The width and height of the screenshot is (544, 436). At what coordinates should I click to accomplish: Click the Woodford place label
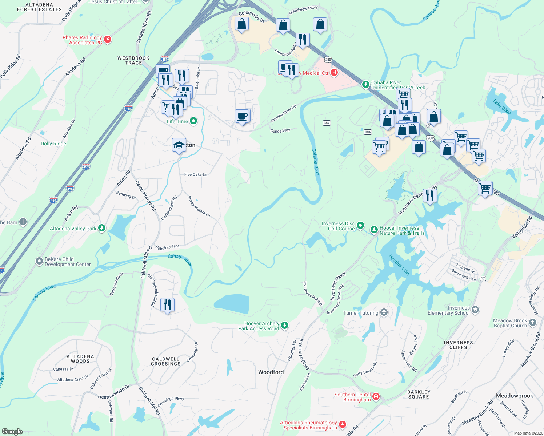click(x=271, y=372)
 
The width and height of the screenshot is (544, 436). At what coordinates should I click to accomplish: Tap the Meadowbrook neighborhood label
click(x=514, y=396)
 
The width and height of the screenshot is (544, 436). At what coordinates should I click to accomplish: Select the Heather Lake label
click(x=399, y=265)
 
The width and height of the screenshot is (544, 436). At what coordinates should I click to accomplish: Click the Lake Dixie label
click(x=502, y=107)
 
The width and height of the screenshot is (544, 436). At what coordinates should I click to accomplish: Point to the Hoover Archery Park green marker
click(x=285, y=325)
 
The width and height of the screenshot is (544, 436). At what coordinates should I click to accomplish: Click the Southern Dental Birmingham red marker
click(x=376, y=397)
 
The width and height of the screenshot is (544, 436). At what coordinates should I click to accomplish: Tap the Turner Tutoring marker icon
click(x=384, y=312)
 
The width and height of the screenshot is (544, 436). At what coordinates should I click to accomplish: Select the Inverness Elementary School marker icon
click(x=475, y=310)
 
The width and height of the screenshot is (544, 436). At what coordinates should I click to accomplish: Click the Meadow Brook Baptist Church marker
click(x=532, y=322)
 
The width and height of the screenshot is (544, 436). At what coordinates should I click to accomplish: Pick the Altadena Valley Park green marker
click(x=102, y=228)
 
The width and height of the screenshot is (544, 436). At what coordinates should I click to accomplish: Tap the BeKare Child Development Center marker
click(x=39, y=261)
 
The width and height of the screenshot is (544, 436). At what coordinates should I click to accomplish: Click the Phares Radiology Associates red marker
click(x=107, y=39)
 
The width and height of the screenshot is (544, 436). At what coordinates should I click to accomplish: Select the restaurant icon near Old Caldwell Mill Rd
click(x=167, y=305)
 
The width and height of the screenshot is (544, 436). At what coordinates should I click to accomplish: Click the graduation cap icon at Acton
click(x=179, y=145)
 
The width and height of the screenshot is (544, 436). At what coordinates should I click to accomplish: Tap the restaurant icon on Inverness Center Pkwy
click(x=430, y=196)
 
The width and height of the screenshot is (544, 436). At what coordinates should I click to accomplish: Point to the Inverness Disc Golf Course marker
click(x=360, y=226)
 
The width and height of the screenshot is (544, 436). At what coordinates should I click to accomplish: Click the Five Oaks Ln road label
click(x=196, y=175)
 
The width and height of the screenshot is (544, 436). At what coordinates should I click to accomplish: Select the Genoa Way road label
click(x=280, y=131)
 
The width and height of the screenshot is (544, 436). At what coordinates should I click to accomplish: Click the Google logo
click(x=12, y=432)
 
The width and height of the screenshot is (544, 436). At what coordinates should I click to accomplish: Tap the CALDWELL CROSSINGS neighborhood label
click(x=166, y=361)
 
